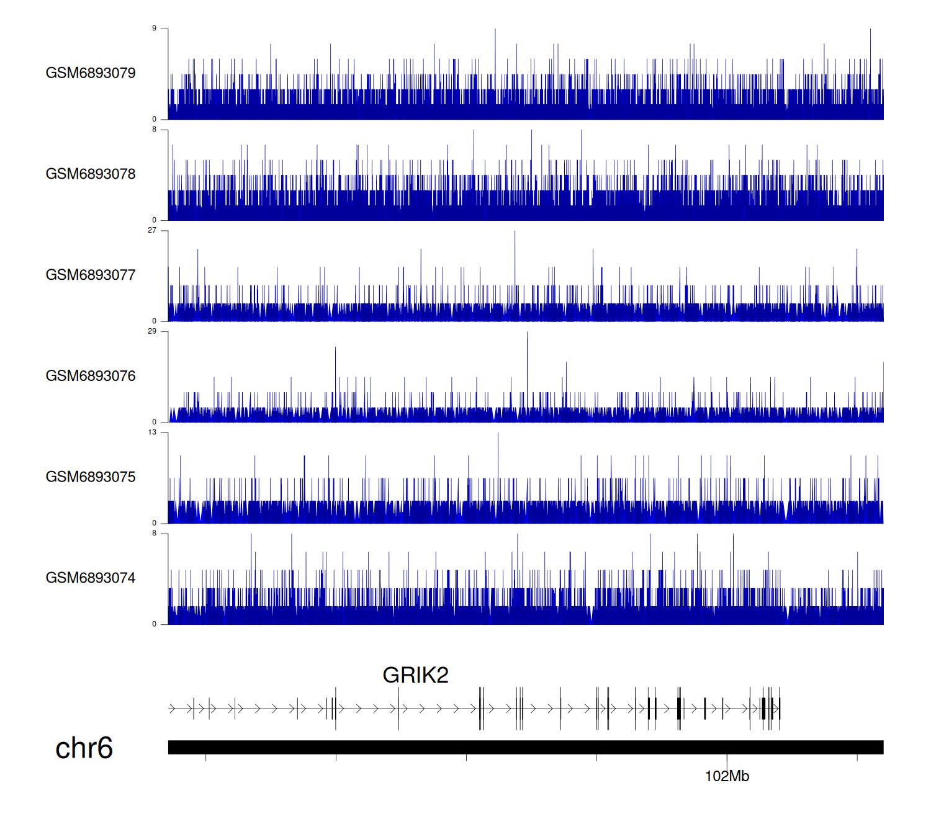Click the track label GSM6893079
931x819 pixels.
pyautogui.click(x=91, y=73)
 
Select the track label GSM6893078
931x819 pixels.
pyautogui.click(x=91, y=174)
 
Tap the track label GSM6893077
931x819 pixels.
pyautogui.click(x=91, y=275)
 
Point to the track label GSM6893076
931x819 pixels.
pyautogui.click(x=91, y=376)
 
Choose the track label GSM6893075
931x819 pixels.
pyautogui.click(x=91, y=477)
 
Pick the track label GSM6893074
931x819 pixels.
pyautogui.click(x=91, y=578)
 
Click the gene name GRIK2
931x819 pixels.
pyautogui.click(x=415, y=675)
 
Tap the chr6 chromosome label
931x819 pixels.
pyautogui.click(x=84, y=748)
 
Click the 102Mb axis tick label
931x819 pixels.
pyautogui.click(x=727, y=776)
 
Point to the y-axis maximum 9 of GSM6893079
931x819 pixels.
pyautogui.click(x=155, y=29)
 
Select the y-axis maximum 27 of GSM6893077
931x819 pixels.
pyautogui.click(x=152, y=230)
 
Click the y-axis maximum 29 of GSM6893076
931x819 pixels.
pyautogui.click(x=152, y=331)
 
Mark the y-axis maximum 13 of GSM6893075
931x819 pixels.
pyautogui.click(x=152, y=432)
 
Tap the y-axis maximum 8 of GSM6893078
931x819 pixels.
pyautogui.click(x=155, y=130)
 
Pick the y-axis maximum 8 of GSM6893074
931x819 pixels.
pyautogui.click(x=155, y=534)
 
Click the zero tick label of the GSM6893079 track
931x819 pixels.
pyautogui.click(x=155, y=119)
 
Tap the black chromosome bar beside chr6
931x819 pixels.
pyautogui.click(x=526, y=747)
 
